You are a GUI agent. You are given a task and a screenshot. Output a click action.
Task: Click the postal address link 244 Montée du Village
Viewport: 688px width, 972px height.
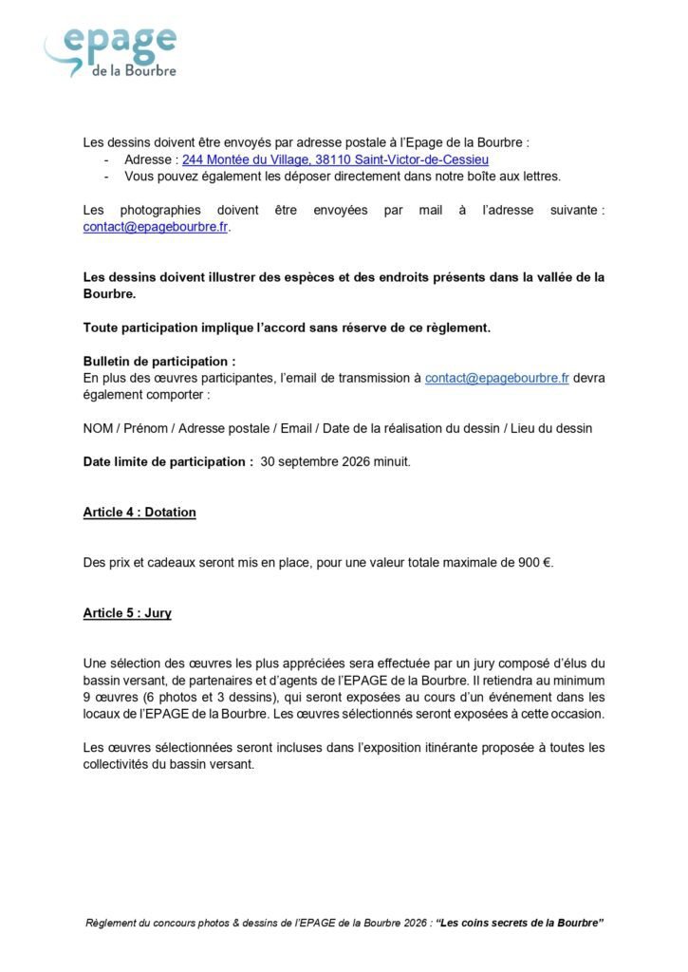point(336,159)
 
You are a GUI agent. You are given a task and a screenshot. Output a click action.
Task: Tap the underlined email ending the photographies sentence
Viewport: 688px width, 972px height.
point(156,227)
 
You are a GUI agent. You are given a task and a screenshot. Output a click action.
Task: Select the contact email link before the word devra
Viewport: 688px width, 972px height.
point(496,378)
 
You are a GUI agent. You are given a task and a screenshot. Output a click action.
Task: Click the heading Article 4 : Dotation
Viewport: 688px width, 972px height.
point(139,513)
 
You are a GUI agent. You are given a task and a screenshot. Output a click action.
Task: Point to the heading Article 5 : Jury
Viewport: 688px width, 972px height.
point(127,613)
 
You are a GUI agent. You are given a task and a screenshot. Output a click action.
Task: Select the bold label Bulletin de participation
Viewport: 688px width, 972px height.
point(158,362)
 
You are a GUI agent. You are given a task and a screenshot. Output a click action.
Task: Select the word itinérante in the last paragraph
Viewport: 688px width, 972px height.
point(386,747)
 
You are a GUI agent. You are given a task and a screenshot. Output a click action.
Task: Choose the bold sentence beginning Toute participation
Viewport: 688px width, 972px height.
point(287,327)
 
